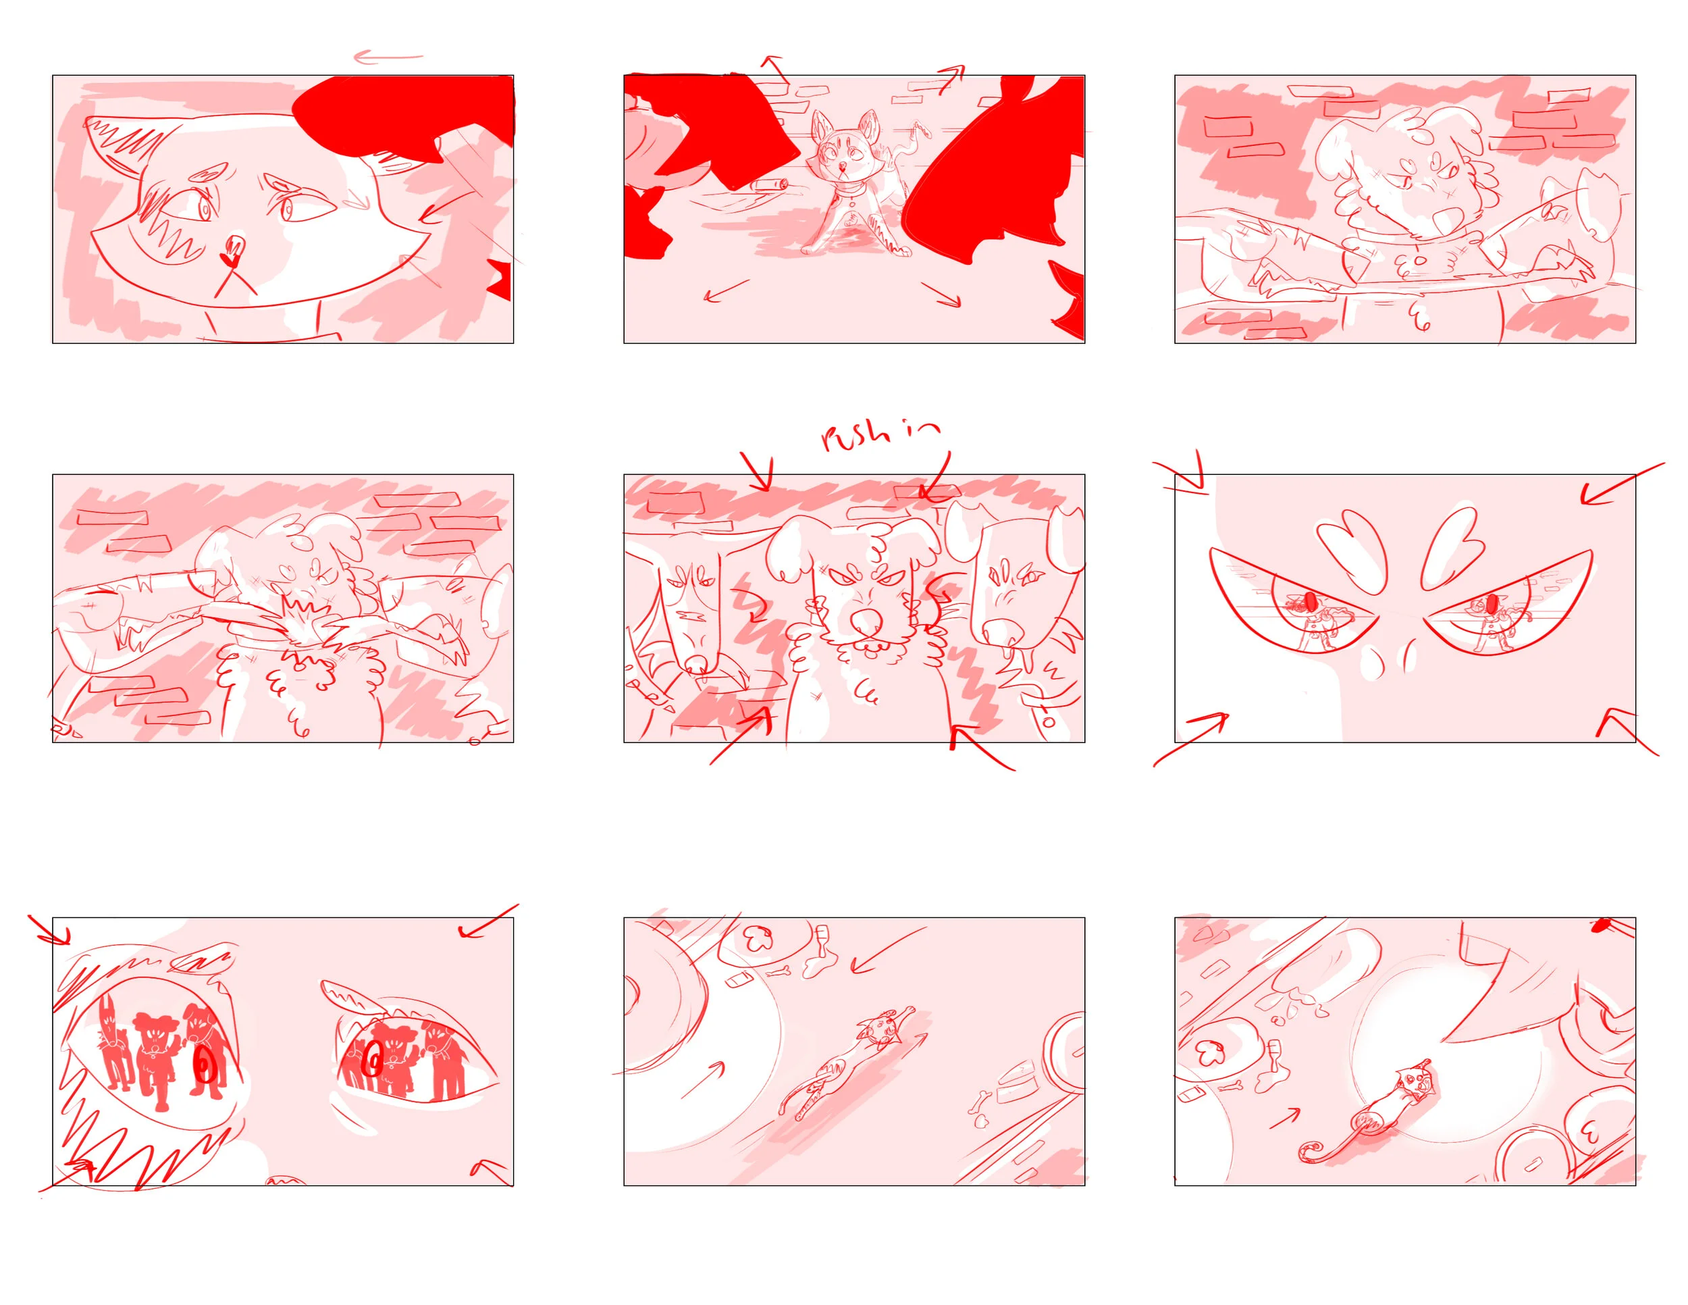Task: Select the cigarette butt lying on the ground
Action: click(x=768, y=185)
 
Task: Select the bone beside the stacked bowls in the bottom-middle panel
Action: click(x=982, y=1098)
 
